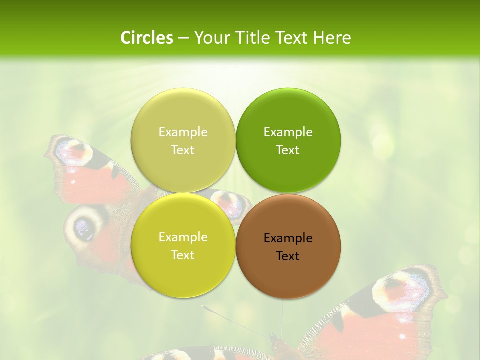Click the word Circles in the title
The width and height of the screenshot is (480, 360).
[146, 38]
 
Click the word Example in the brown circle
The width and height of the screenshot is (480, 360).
[288, 238]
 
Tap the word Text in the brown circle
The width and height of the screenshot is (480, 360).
[288, 256]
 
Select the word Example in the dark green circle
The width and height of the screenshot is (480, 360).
[288, 132]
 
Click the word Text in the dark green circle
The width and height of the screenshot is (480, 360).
[288, 150]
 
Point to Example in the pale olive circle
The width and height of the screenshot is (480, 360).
[183, 132]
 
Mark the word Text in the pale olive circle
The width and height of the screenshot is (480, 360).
[183, 150]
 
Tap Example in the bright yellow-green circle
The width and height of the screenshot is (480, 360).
[183, 237]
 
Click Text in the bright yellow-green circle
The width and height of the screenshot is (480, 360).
[183, 255]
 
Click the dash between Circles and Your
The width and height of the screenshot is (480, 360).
[183, 38]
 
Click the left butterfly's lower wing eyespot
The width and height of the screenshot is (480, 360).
[83, 227]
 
